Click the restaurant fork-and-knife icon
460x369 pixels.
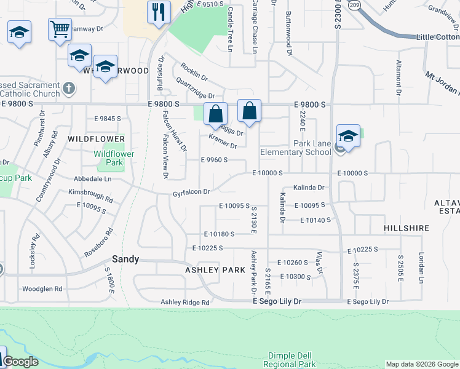(x=159, y=12)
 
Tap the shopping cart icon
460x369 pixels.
(x=60, y=28)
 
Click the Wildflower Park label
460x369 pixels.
(x=109, y=158)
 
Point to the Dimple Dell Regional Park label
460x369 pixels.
(x=291, y=360)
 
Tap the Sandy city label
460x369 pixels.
(x=125, y=260)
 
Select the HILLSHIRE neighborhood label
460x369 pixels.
(x=406, y=228)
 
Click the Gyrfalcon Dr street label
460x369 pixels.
(x=191, y=192)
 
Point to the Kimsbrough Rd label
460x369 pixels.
(x=90, y=196)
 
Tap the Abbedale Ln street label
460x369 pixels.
(x=92, y=179)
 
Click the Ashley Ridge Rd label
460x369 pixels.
(x=184, y=302)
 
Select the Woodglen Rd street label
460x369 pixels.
(x=42, y=288)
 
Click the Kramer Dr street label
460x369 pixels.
(x=223, y=141)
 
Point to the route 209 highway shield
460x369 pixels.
(x=354, y=5)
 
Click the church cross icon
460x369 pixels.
(x=69, y=88)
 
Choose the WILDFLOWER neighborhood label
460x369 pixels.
(x=92, y=139)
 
